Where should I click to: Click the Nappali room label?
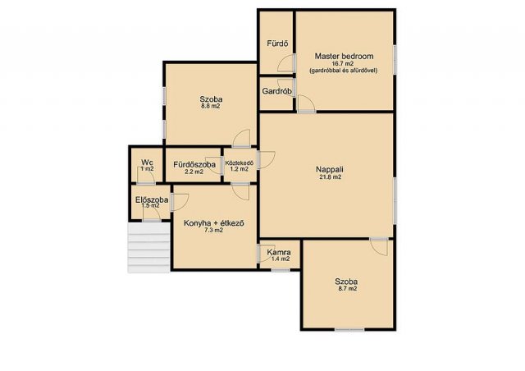330,170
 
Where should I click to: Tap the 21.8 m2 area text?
330,177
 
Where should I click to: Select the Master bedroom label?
344,57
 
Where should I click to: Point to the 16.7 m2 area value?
343,64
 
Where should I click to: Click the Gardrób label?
277,91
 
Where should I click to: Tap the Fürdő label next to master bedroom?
277,44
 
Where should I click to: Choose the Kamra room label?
279,252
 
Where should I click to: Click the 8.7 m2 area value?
346,289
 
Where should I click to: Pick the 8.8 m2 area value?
211,107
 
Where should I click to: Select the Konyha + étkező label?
214,223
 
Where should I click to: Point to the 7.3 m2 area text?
213,231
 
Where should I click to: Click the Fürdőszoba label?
194,165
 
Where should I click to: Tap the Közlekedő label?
240,163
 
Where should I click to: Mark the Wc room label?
147,163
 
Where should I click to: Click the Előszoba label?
152,200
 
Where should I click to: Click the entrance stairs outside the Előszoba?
149,248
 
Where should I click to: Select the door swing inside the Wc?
146,175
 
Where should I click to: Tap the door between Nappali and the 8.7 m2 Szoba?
379,247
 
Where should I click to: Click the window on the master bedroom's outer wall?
395,60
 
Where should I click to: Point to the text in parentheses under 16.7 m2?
344,71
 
